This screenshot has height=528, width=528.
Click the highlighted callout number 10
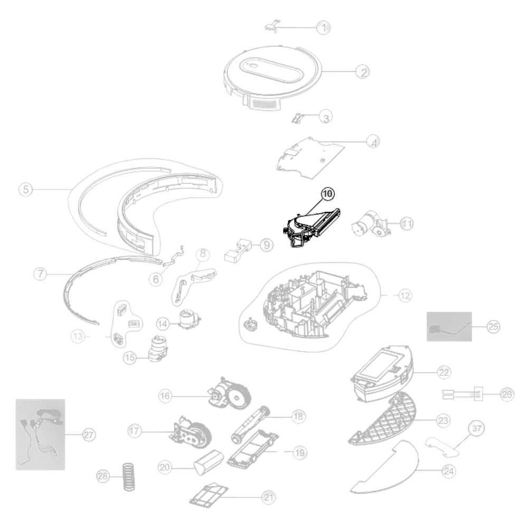(327, 194)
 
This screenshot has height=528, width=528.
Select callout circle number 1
(324, 27)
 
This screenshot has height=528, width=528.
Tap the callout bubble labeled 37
(476, 428)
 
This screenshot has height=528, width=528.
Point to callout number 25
(493, 326)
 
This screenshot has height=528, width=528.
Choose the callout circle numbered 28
(103, 476)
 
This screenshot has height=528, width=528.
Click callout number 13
(78, 336)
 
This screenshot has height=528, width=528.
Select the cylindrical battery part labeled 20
(209, 461)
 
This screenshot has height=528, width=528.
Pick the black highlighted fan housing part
(310, 227)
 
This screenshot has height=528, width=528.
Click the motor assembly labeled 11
(371, 224)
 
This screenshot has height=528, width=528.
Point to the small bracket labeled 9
(238, 250)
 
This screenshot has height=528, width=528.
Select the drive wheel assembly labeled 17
(190, 432)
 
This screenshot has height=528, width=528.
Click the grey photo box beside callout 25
(449, 327)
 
